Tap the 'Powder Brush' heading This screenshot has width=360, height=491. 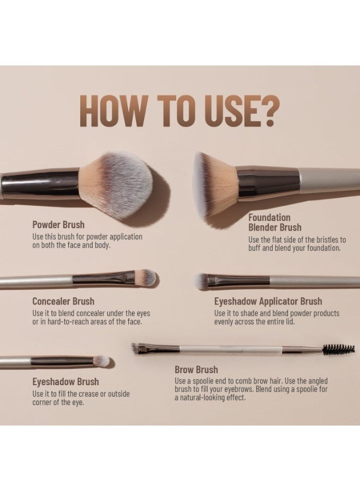[58, 225]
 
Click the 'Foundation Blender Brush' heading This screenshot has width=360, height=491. [275, 223]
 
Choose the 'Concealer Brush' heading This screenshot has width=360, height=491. [63, 301]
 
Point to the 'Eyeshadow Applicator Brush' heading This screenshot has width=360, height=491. [268, 301]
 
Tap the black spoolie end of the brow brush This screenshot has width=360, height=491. [339, 349]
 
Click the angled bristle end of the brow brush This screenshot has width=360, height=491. [136, 348]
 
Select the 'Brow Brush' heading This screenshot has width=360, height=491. [196, 369]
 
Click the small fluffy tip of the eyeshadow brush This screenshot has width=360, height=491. [102, 361]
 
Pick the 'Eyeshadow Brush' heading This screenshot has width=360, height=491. [66, 382]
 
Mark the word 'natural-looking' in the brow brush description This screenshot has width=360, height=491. [203, 398]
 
